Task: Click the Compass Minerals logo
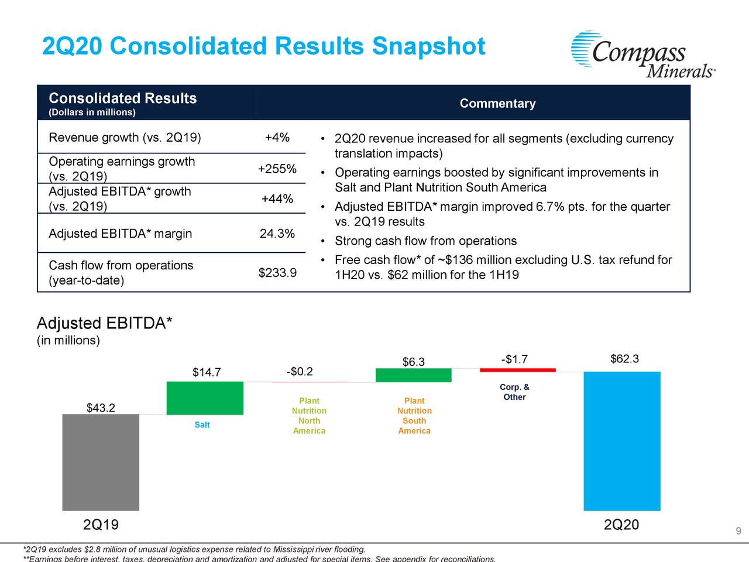(643, 54)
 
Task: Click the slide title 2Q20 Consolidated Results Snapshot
(263, 46)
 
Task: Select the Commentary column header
(497, 104)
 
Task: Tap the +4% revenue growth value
(277, 138)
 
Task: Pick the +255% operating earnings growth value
(277, 169)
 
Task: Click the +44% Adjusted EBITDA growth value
(277, 199)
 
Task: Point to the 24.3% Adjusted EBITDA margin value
(277, 234)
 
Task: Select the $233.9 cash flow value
(277, 273)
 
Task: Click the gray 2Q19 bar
(101, 462)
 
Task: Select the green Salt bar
(205, 398)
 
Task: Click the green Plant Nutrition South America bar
(413, 375)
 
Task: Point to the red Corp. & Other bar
(517, 370)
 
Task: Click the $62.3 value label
(624, 359)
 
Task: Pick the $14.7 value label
(207, 373)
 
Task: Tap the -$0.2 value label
(299, 372)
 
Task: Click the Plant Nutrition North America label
(309, 416)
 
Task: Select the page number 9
(738, 532)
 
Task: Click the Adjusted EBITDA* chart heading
(104, 323)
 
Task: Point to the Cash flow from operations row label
(121, 273)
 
